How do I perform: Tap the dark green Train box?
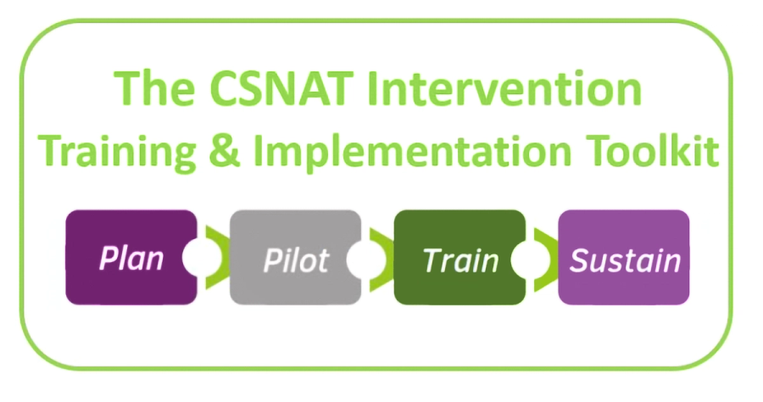point(459,257)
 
